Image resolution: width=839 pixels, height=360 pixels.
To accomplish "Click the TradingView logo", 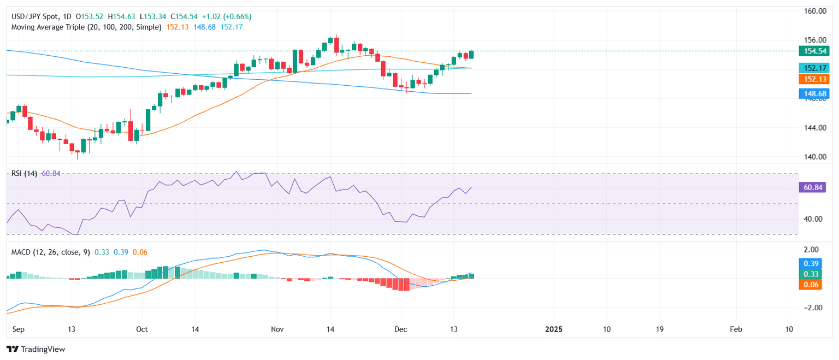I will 36,349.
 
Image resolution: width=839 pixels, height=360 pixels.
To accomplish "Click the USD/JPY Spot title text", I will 33,17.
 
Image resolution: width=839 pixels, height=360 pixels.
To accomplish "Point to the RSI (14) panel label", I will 24,174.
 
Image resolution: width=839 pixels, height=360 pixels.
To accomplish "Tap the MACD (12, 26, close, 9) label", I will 51,252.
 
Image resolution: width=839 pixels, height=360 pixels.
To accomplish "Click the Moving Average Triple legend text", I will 86,27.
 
